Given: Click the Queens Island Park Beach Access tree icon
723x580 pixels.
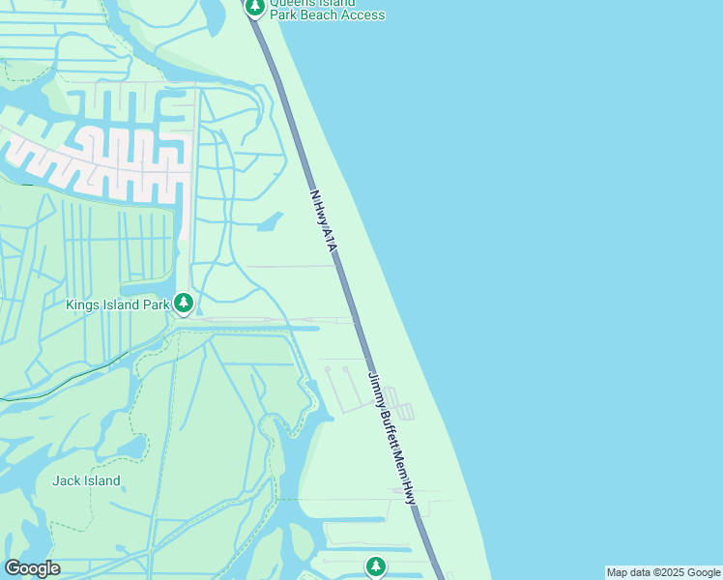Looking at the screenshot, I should (254, 8).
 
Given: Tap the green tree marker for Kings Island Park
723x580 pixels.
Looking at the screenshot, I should (184, 304).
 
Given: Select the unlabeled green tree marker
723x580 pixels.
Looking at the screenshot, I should (376, 566).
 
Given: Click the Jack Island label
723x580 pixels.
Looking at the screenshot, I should (87, 480).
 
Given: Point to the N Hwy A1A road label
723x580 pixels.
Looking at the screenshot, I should (322, 221).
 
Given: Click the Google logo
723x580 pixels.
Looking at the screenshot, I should (32, 568).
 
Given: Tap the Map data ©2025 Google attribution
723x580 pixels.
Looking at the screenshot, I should (663, 572).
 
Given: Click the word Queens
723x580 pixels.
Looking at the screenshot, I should (293, 3).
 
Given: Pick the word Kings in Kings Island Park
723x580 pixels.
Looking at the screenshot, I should (83, 305).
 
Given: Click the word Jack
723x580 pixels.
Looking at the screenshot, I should (66, 480).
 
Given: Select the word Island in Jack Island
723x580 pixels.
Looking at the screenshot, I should (101, 480).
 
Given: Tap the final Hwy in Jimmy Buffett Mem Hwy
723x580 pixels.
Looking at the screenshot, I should (410, 492).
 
